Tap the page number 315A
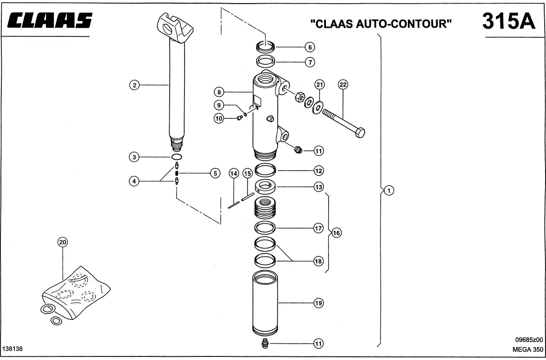(x=509, y=21)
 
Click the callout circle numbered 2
(x=134, y=85)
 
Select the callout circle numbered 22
(x=343, y=85)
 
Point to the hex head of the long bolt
(x=360, y=132)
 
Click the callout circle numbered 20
(x=63, y=242)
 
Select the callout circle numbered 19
(x=318, y=303)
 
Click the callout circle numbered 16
(x=336, y=233)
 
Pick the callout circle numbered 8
(x=219, y=93)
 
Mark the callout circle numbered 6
(x=310, y=47)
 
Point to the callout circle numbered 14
(x=234, y=173)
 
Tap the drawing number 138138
(x=13, y=349)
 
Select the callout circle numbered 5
(x=215, y=173)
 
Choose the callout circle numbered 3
(x=134, y=157)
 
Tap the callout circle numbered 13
(x=319, y=187)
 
